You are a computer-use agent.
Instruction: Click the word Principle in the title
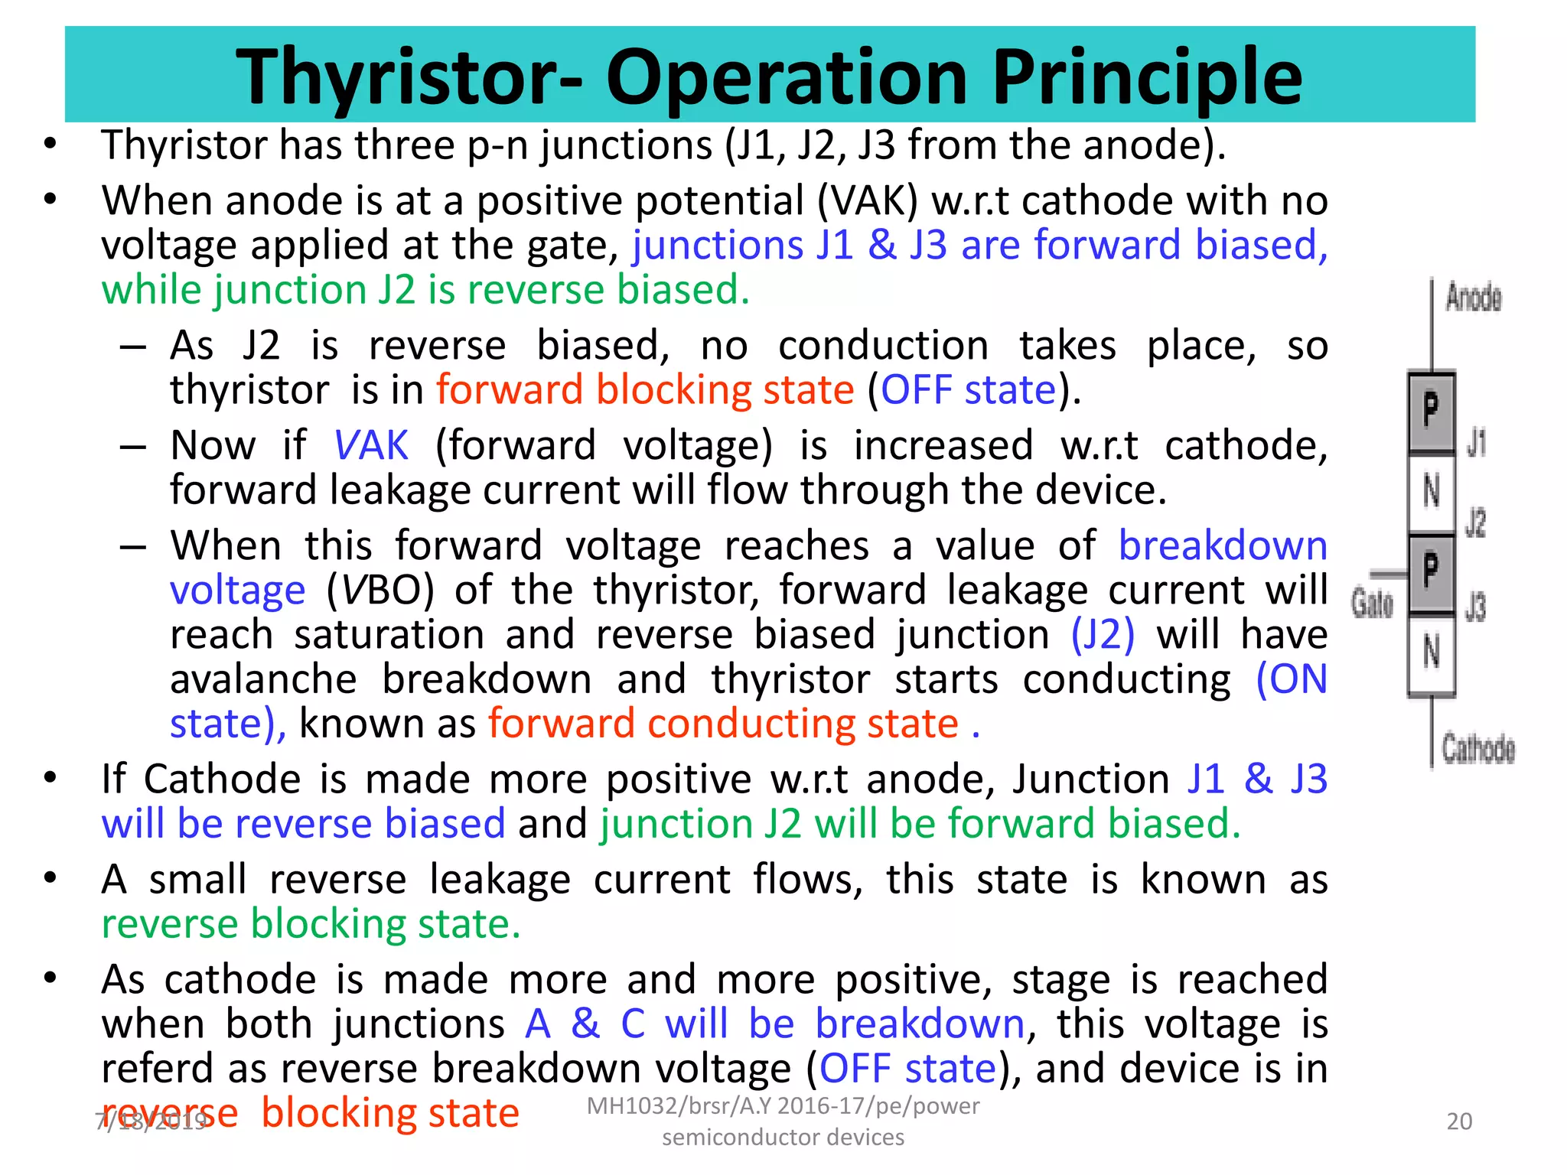pyautogui.click(x=1148, y=76)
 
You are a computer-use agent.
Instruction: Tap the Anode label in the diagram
pyautogui.click(x=1473, y=298)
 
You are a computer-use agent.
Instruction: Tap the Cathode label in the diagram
pyautogui.click(x=1478, y=748)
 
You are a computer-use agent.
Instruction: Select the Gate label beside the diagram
pyautogui.click(x=1372, y=603)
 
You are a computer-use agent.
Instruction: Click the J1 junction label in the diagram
pyautogui.click(x=1476, y=443)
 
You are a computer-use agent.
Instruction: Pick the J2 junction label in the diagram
pyautogui.click(x=1476, y=523)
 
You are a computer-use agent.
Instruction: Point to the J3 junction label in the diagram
pyautogui.click(x=1476, y=607)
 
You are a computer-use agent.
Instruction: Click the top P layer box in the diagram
pyautogui.click(x=1431, y=412)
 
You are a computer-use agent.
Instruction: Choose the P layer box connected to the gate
pyautogui.click(x=1431, y=571)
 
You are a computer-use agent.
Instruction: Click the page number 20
pyautogui.click(x=1459, y=1121)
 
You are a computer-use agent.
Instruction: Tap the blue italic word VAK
pyautogui.click(x=371, y=445)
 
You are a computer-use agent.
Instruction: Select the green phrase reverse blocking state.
pyautogui.click(x=311, y=924)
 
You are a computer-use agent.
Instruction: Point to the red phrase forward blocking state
pyautogui.click(x=644, y=390)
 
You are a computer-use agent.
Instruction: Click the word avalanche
pyautogui.click(x=263, y=679)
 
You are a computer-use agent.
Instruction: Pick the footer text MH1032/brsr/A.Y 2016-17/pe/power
pyautogui.click(x=782, y=1106)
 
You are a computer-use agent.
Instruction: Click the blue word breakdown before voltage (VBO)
pyautogui.click(x=1222, y=546)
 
